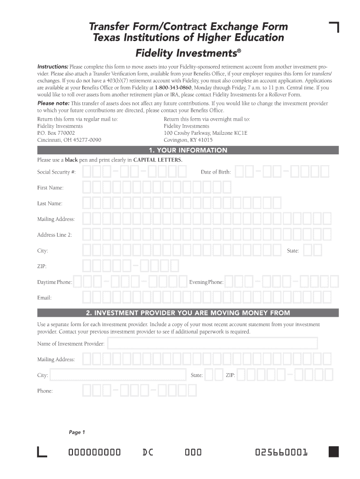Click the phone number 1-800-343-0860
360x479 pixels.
[173, 87]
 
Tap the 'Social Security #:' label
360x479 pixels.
[56, 172]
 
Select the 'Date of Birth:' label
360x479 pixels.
[216, 172]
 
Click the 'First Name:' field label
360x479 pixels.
[50, 188]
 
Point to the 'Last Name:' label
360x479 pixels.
[50, 203]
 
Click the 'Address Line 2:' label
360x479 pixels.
[55, 235]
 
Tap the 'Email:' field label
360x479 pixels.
[44, 298]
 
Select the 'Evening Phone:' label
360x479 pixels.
[206, 283]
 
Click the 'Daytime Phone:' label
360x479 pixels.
[55, 283]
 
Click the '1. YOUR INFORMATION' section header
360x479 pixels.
[187, 150]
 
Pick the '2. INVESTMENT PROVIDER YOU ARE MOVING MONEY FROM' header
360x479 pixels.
[187, 312]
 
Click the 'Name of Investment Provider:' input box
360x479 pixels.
[212, 344]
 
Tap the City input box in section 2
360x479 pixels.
[118, 375]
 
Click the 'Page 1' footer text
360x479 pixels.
[77, 432]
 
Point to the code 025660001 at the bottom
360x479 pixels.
[281, 452]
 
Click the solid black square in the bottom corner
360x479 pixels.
[333, 451]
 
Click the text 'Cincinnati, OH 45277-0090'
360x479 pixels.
[69, 140]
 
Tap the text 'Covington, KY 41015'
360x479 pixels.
[188, 140]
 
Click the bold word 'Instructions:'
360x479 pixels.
[53, 66]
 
